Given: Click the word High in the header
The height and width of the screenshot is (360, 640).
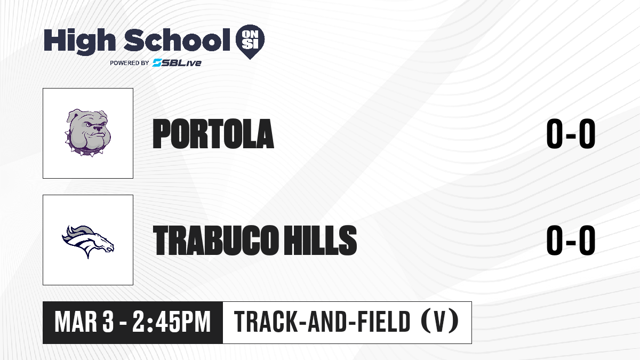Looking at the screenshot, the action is [79, 42].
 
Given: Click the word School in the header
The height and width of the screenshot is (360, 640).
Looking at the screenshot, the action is [177, 39].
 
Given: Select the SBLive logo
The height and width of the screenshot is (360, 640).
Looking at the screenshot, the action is [177, 63].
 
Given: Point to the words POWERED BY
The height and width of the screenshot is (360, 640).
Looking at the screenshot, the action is [130, 63].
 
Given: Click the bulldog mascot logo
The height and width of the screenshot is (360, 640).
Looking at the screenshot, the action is [87, 133].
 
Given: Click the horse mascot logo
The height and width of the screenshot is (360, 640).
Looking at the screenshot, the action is [87, 242].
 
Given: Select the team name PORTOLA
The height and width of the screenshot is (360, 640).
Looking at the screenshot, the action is [213, 134].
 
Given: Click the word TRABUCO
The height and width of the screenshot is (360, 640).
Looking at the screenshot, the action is [215, 240].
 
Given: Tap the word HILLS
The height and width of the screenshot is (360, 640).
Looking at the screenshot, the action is [320, 240].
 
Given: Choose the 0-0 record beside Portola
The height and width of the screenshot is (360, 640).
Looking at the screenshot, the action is [571, 134].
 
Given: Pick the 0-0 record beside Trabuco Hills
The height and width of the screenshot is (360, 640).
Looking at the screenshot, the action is [571, 240].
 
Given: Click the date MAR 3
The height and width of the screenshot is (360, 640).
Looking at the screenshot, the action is [84, 322].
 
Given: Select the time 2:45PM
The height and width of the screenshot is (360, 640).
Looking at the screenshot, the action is [171, 322].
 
